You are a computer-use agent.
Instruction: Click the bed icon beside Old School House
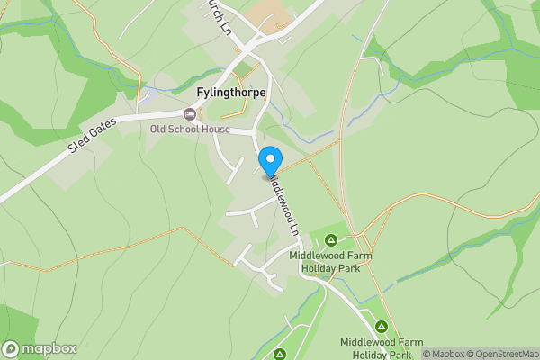[189, 114]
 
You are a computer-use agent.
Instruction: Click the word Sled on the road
[78, 150]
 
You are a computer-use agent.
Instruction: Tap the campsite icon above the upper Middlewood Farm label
[330, 239]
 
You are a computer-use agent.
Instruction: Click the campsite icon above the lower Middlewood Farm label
[381, 326]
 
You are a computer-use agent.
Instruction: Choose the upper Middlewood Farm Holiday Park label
[330, 262]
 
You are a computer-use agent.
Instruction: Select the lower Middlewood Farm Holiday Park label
[382, 348]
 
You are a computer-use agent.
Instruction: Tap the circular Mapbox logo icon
[12, 348]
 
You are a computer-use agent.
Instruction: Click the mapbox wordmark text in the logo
[49, 348]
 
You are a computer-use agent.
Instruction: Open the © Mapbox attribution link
[443, 354]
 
